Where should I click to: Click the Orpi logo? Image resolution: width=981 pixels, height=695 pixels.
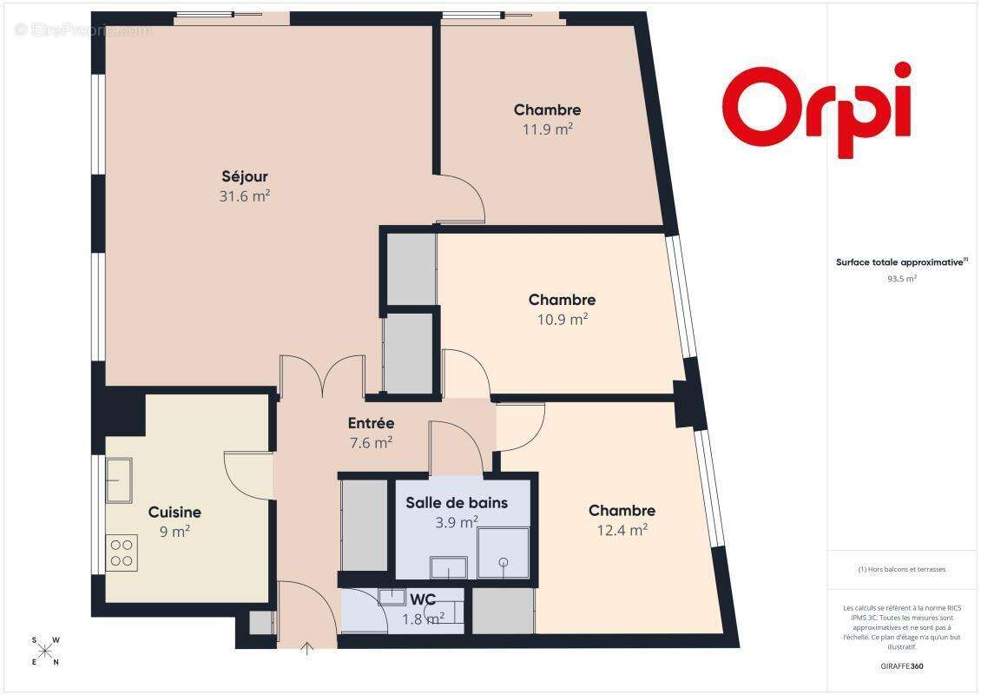pos(817,109)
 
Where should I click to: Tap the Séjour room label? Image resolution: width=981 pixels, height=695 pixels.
pos(244,177)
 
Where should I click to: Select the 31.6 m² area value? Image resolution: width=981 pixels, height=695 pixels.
pos(244,196)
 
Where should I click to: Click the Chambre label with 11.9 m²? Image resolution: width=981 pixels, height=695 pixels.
pos(547,110)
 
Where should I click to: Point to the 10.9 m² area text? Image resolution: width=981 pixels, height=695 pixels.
pos(563,319)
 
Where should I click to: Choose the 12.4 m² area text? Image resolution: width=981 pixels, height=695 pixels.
pos(622,529)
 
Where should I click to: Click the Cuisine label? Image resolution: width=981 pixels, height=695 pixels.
pos(174,513)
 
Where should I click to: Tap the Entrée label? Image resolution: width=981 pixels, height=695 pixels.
pos(371,424)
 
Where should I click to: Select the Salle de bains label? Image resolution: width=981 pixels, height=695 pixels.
pos(457,503)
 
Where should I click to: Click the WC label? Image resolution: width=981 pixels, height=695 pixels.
pos(423,599)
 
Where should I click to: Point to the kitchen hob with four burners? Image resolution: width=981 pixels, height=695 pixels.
pos(122,553)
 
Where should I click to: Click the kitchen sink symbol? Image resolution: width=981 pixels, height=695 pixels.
pos(119,480)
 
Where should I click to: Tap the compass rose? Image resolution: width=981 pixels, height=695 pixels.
pos(46,652)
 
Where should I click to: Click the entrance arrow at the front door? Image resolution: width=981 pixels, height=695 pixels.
pos(306,648)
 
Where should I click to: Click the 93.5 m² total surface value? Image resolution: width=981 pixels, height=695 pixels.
pos(901,279)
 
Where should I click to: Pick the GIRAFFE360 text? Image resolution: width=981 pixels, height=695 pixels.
pos(901,664)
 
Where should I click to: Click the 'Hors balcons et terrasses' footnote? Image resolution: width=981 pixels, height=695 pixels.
pos(901,570)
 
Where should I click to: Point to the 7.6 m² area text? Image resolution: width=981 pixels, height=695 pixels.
pos(371,441)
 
